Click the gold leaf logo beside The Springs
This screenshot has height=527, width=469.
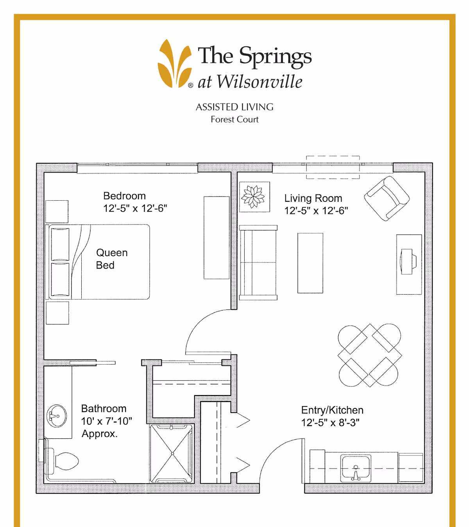click(x=175, y=64)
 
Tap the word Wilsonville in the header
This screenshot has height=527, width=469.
click(x=260, y=82)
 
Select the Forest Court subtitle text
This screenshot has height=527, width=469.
click(x=234, y=119)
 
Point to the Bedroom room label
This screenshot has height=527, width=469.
click(x=124, y=196)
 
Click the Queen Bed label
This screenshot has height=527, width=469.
click(x=112, y=259)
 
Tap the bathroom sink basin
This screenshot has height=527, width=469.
click(x=57, y=416)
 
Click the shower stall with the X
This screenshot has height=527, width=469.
click(x=172, y=453)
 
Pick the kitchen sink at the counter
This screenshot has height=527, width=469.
click(x=356, y=468)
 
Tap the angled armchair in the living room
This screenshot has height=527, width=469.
click(x=387, y=198)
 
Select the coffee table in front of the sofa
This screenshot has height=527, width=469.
click(x=310, y=263)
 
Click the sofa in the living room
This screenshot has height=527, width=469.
click(x=258, y=263)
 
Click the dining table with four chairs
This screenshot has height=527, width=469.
click(x=369, y=355)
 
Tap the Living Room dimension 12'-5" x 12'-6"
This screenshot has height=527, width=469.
click(x=316, y=211)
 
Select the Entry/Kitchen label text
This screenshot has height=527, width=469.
click(x=332, y=410)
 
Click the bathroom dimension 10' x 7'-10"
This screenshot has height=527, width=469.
click(x=107, y=421)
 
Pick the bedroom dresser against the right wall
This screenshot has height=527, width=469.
click(x=217, y=238)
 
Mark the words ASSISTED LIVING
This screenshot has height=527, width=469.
click(x=234, y=107)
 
